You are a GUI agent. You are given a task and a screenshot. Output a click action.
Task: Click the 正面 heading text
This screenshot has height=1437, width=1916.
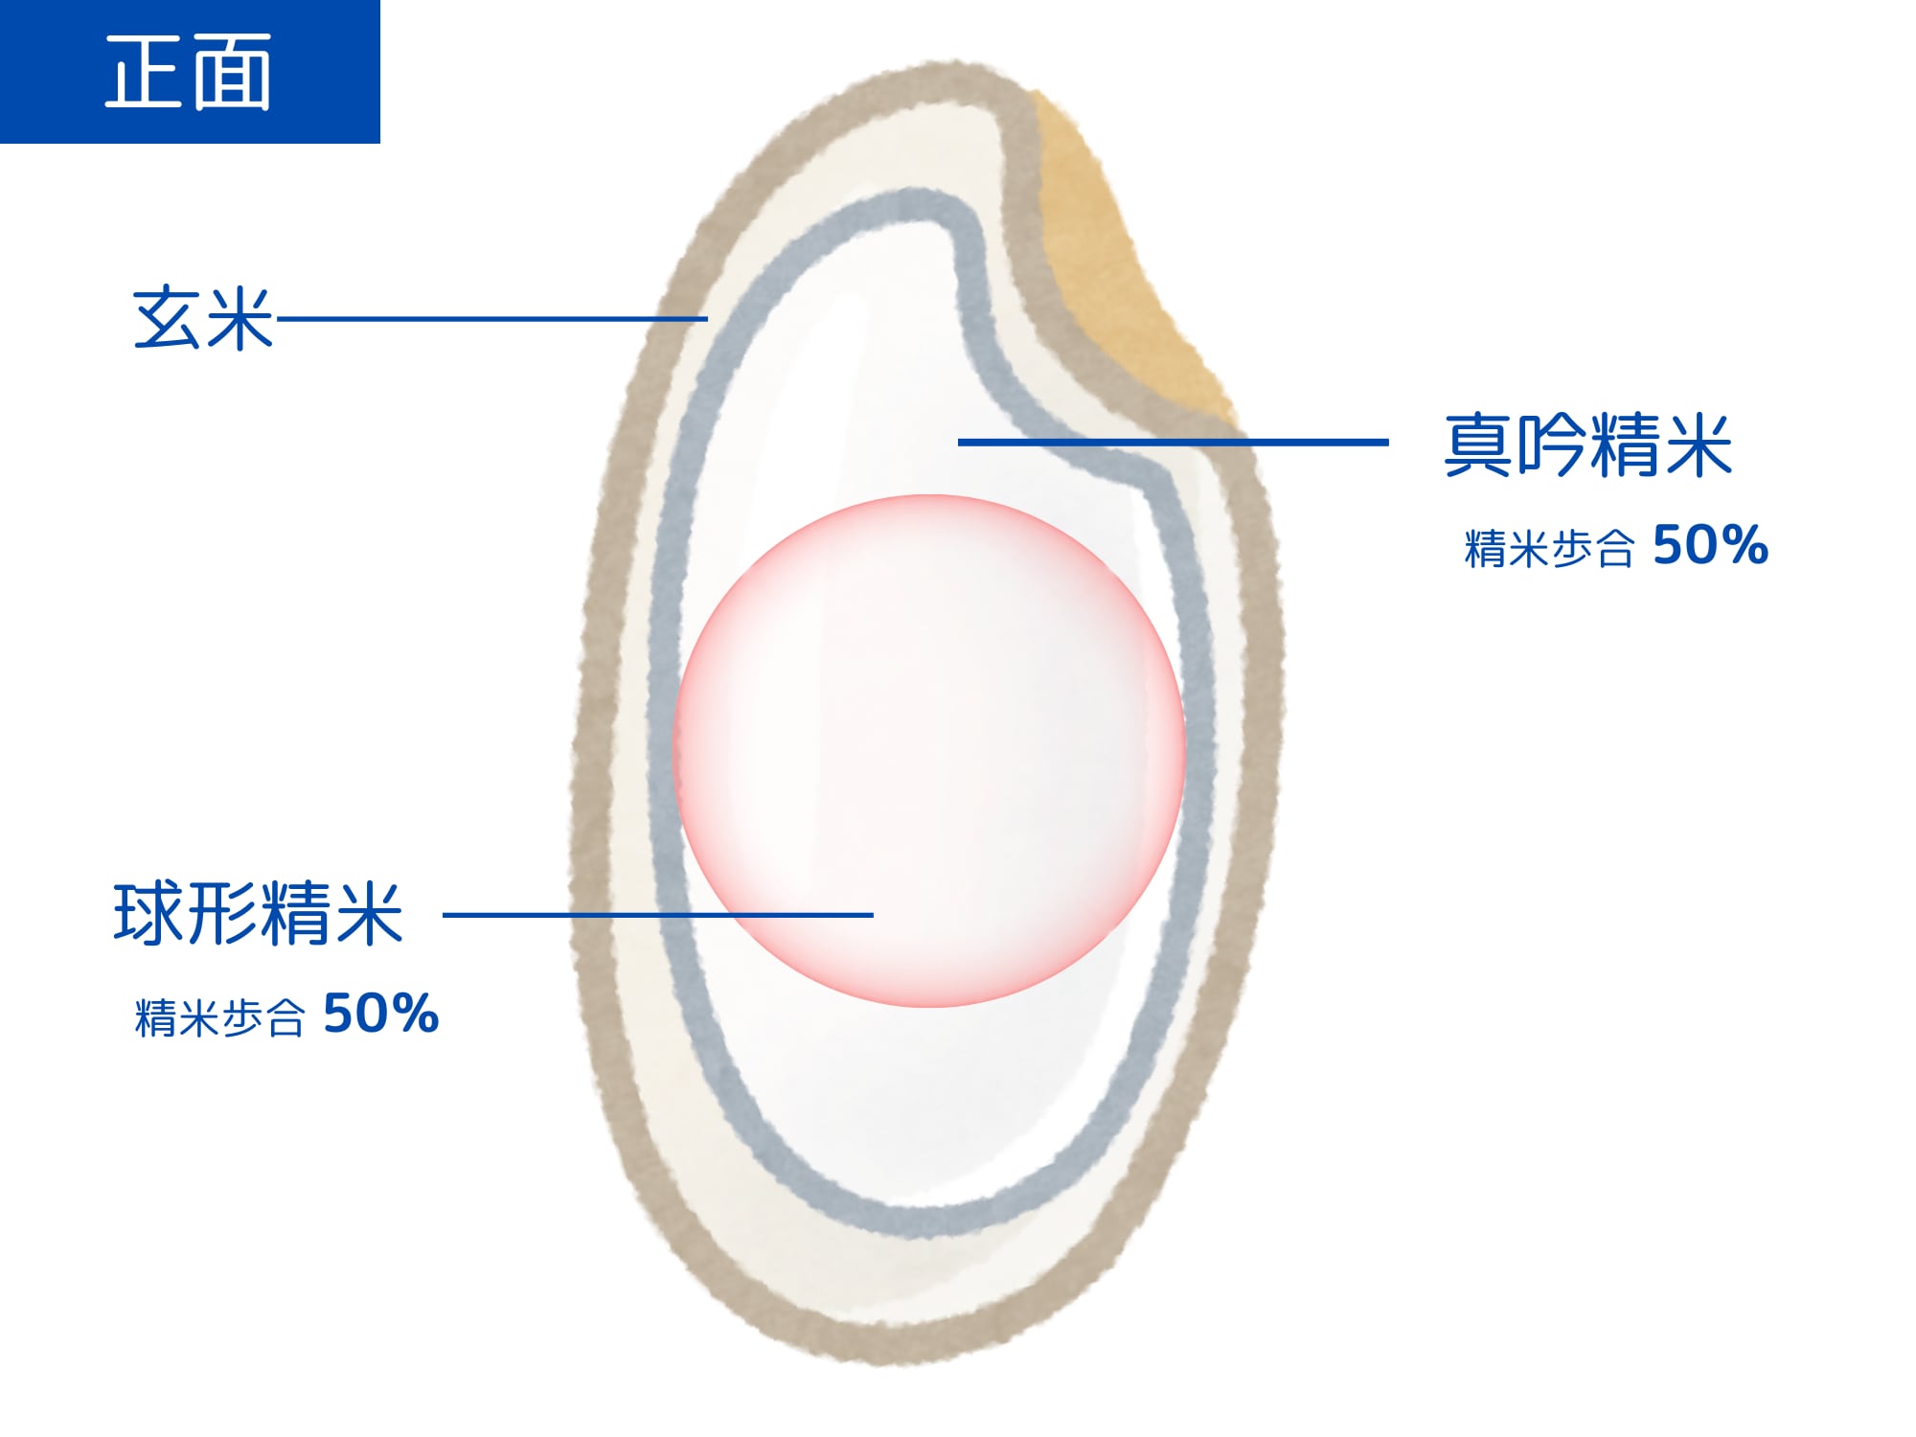tap(188, 72)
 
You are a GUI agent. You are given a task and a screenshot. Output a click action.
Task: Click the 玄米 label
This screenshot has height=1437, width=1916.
tap(203, 318)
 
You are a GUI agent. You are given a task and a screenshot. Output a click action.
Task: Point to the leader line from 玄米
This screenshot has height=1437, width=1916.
tap(491, 318)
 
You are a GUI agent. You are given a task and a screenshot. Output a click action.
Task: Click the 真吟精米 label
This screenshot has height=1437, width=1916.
tap(1588, 445)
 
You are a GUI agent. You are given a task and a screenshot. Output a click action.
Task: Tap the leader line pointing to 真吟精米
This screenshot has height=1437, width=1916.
tap(1174, 442)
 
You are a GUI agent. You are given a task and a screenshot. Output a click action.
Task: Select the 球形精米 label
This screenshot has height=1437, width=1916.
tap(258, 914)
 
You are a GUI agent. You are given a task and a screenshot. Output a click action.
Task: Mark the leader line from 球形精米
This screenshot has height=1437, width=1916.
tap(658, 915)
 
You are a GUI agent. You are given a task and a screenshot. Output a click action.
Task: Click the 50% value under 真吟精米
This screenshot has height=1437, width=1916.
tap(1710, 545)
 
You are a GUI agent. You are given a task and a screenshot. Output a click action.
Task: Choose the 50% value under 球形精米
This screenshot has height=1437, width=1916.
tap(381, 1013)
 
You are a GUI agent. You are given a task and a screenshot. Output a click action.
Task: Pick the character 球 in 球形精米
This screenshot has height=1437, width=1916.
tap(148, 914)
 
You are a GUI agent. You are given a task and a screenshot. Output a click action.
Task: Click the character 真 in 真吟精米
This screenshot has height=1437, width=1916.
tap(1479, 445)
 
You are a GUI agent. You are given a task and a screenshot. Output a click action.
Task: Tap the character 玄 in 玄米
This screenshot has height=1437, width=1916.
tap(167, 318)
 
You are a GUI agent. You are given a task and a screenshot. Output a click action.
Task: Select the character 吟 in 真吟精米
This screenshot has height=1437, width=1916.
tap(1552, 445)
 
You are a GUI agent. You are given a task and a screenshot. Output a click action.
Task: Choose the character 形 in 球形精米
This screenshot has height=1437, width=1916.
tap(221, 914)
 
